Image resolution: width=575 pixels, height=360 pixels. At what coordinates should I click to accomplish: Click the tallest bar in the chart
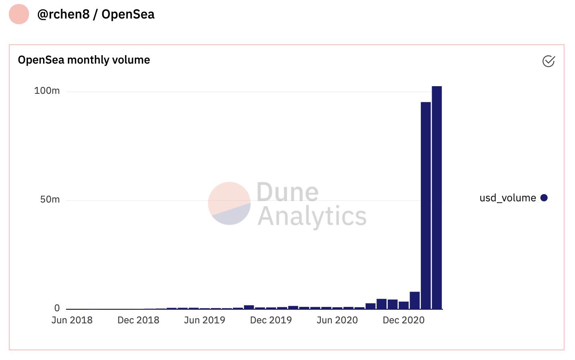pyautogui.click(x=436, y=197)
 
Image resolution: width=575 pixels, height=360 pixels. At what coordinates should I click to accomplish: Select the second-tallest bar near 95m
pyautogui.click(x=426, y=205)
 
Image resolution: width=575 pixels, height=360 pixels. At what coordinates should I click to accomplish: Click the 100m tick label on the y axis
pyautogui.click(x=47, y=91)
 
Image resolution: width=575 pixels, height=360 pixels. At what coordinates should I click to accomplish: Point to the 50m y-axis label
pyautogui.click(x=50, y=199)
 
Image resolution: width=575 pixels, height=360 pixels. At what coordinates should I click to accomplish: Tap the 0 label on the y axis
pyautogui.click(x=57, y=308)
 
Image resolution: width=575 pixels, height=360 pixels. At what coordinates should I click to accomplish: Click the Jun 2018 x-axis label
pyautogui.click(x=72, y=320)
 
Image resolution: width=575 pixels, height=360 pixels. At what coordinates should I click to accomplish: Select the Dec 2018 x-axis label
pyautogui.click(x=138, y=320)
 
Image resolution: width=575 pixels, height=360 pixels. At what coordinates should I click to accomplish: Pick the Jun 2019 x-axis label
pyautogui.click(x=205, y=320)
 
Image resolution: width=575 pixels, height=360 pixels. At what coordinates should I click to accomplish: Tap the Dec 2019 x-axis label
pyautogui.click(x=271, y=320)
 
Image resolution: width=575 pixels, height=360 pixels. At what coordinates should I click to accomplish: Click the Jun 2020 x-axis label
pyautogui.click(x=337, y=320)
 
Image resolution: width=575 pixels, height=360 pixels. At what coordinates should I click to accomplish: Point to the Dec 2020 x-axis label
pyautogui.click(x=403, y=320)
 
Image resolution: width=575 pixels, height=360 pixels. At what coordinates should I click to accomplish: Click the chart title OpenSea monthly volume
pyautogui.click(x=84, y=60)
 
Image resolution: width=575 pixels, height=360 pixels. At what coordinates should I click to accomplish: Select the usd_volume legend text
pyautogui.click(x=507, y=198)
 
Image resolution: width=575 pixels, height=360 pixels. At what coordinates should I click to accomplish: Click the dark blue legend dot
pyautogui.click(x=544, y=198)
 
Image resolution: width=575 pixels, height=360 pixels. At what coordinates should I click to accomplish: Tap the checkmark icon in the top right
pyautogui.click(x=548, y=61)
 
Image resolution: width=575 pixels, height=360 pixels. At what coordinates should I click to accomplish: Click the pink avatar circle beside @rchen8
pyautogui.click(x=19, y=14)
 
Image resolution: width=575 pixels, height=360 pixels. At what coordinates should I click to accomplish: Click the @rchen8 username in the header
pyautogui.click(x=63, y=14)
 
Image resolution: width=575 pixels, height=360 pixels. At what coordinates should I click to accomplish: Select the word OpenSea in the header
pyautogui.click(x=128, y=14)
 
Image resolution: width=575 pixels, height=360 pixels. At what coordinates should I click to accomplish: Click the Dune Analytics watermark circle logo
pyautogui.click(x=229, y=203)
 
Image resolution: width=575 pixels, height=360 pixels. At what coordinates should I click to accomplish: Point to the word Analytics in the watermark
pyautogui.click(x=312, y=216)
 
